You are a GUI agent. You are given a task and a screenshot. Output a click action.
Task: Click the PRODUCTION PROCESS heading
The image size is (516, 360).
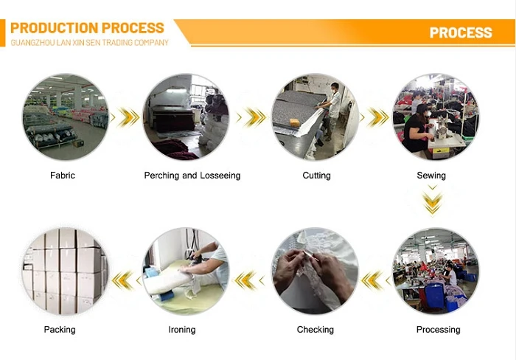point(87,28)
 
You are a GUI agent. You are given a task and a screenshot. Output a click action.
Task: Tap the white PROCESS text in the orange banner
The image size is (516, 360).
point(460,32)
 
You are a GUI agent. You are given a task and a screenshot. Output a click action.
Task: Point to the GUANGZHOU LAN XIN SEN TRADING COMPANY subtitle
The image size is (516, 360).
point(89,43)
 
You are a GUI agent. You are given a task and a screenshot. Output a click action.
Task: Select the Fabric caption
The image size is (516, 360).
point(63,176)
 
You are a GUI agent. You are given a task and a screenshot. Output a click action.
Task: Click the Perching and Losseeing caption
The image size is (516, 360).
point(192,176)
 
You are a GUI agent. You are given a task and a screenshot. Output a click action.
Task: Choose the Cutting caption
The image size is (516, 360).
point(316,176)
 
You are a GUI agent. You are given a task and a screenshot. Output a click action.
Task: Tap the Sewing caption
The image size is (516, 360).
point(431,176)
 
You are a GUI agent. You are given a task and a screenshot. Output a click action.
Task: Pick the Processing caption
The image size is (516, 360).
point(438,330)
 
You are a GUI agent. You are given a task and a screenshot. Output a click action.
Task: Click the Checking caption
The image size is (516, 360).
point(315,330)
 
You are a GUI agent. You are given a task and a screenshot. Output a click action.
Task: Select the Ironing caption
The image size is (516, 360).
point(182,330)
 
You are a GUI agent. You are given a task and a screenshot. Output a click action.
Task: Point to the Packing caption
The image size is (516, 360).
point(60,330)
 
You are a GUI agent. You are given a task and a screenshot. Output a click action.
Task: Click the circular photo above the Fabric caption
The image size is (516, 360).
point(65,117)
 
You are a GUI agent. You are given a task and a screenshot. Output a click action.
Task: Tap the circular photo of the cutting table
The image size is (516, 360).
point(315,117)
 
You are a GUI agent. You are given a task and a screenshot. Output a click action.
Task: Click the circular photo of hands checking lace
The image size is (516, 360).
point(315,272)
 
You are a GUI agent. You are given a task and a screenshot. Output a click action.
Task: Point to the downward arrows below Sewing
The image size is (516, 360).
point(433,199)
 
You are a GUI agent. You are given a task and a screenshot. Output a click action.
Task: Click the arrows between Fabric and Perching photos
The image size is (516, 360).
point(127,117)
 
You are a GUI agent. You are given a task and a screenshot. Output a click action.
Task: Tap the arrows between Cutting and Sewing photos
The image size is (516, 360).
point(377,117)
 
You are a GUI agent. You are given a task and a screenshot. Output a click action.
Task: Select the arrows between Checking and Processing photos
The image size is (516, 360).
point(374,280)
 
